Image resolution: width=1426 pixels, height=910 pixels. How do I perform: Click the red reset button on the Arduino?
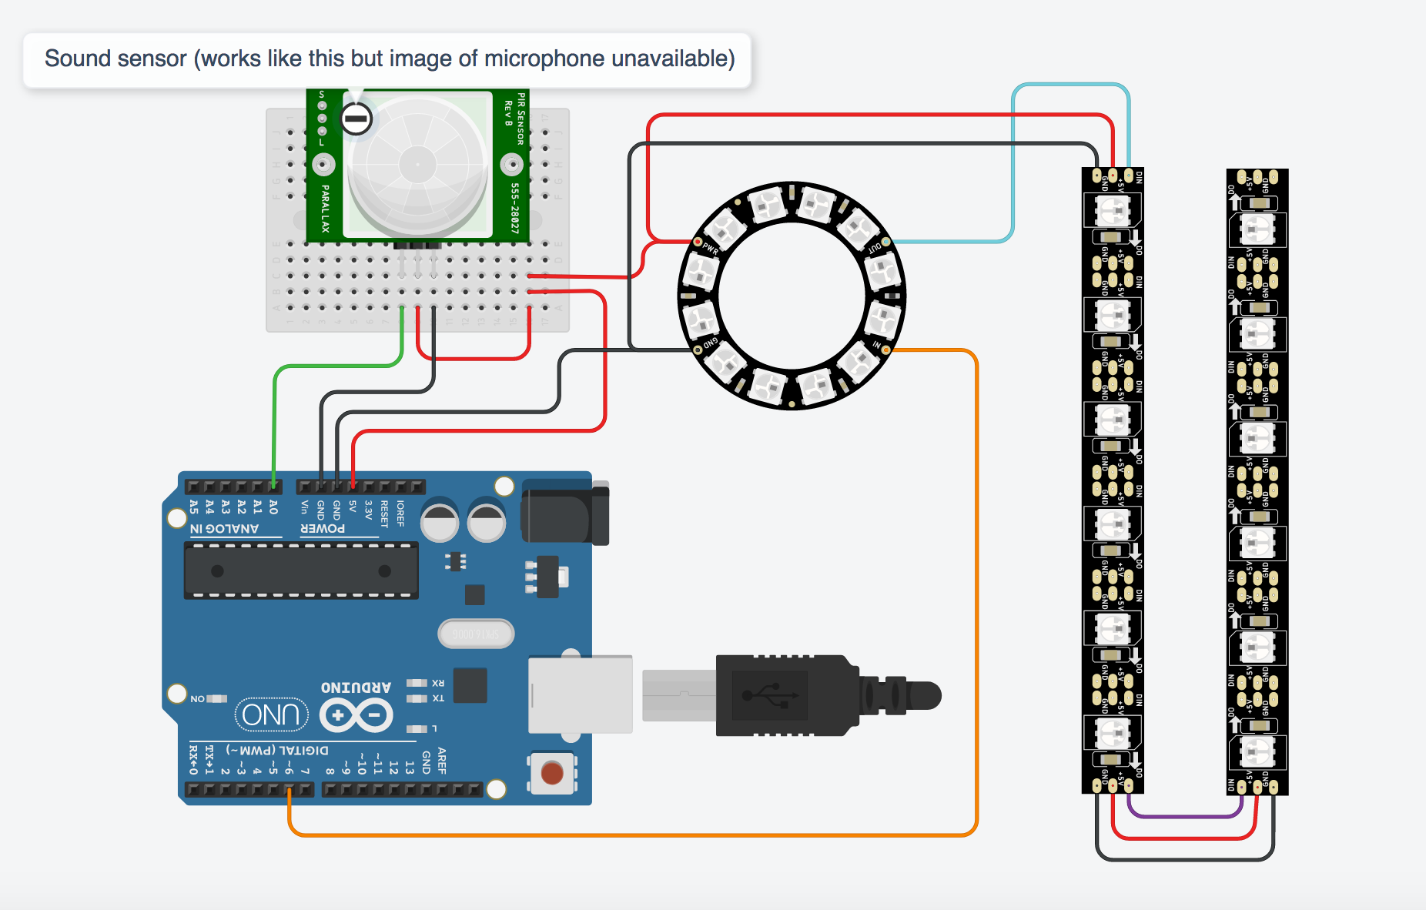pyautogui.click(x=551, y=772)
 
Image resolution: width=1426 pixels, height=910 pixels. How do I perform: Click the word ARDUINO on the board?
pyautogui.click(x=356, y=687)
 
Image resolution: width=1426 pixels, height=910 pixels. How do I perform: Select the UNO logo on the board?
pyautogui.click(x=271, y=715)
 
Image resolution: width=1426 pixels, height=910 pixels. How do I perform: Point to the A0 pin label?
pyautogui.click(x=273, y=507)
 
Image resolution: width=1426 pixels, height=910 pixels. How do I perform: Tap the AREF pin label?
pyautogui.click(x=442, y=760)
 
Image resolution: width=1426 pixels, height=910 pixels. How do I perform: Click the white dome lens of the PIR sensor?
pyautogui.click(x=417, y=165)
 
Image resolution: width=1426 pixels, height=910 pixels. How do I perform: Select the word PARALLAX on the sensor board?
pyautogui.click(x=325, y=208)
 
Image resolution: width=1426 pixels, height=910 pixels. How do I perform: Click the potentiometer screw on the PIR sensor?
pyautogui.click(x=356, y=119)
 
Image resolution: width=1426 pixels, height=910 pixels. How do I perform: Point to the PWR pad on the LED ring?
pyautogui.click(x=698, y=242)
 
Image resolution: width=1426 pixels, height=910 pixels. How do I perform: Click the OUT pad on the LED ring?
pyautogui.click(x=885, y=242)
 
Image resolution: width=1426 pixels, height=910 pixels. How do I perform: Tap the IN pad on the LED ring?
pyautogui.click(x=885, y=350)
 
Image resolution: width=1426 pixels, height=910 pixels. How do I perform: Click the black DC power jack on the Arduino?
pyautogui.click(x=564, y=512)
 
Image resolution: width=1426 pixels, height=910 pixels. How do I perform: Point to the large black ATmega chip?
pyautogui.click(x=301, y=570)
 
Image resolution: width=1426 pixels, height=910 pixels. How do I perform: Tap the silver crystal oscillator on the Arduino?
pyautogui.click(x=475, y=634)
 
